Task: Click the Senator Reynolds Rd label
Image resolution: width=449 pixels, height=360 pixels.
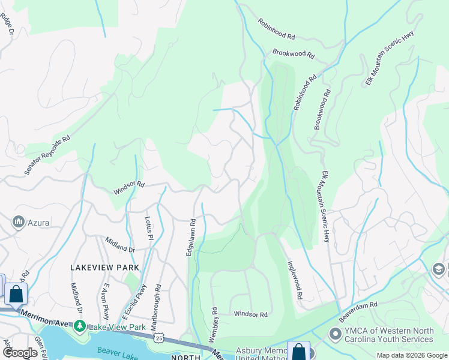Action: click(47, 155)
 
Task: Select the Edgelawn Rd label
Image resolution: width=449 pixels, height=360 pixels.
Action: click(190, 238)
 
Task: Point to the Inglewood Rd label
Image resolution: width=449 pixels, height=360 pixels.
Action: click(294, 280)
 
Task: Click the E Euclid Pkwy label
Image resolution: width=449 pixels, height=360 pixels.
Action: click(135, 304)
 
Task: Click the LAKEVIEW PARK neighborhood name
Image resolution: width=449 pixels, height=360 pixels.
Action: click(104, 268)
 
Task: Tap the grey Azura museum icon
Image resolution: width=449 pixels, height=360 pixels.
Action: click(18, 223)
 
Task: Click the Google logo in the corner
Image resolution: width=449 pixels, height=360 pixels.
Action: click(20, 353)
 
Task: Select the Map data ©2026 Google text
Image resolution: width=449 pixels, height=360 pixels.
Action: click(411, 355)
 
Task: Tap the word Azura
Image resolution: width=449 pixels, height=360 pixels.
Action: click(37, 223)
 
